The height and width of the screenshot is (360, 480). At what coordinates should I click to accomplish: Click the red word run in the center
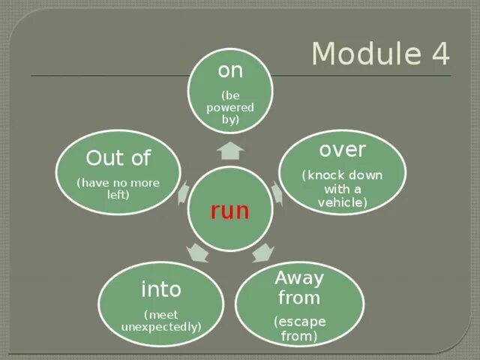point(229,211)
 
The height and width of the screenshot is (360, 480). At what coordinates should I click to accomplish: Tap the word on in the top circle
point(229,71)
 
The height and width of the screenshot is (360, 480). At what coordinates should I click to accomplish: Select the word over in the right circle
point(342,150)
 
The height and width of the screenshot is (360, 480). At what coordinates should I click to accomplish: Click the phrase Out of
point(118,158)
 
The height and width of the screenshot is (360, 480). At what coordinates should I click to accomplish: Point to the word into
point(161,289)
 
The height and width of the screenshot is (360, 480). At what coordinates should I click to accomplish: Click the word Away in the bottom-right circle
point(299,278)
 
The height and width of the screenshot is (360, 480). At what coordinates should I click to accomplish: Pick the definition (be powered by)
point(229,107)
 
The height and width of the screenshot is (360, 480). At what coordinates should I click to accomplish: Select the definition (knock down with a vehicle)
point(342,188)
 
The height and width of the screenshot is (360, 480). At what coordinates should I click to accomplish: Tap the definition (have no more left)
point(118,188)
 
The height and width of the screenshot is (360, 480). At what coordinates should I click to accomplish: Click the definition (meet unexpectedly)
point(161,321)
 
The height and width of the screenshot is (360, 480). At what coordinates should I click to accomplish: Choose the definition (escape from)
point(299,328)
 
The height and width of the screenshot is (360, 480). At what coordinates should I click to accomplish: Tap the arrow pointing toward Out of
point(181,193)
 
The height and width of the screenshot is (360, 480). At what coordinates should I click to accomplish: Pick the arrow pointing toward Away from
point(262,252)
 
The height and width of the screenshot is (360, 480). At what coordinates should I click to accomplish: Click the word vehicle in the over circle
point(342,202)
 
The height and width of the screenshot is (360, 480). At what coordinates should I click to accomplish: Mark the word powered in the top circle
point(229,107)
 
